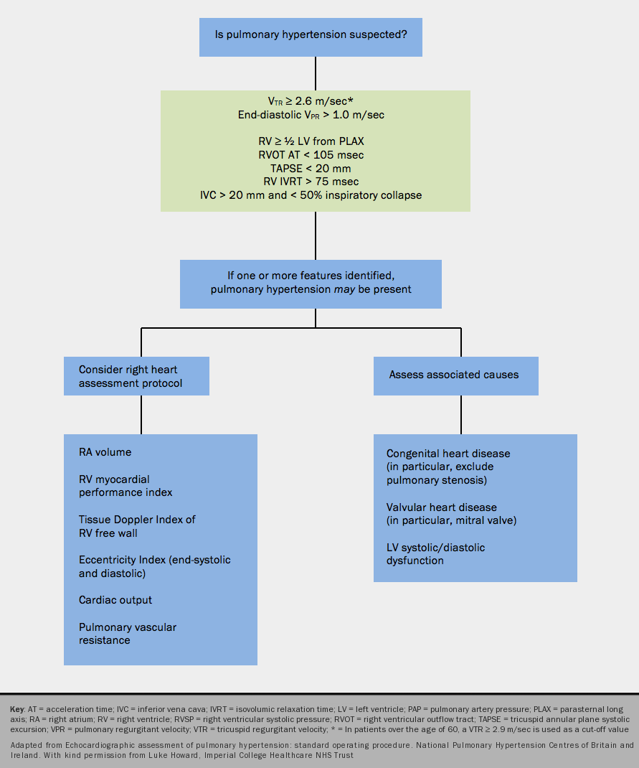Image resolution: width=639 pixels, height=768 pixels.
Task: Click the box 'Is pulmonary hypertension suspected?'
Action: point(311,34)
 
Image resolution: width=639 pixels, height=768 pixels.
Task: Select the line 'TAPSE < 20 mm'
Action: point(315,168)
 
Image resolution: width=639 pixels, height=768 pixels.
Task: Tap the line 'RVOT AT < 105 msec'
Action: point(315,155)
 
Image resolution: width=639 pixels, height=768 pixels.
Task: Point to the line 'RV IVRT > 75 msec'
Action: point(315,181)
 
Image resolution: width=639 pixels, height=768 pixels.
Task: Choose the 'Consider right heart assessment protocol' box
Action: point(136,376)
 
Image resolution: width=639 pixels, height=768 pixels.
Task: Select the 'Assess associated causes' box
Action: point(455,375)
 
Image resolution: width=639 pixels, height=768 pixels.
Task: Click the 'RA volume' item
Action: point(105,452)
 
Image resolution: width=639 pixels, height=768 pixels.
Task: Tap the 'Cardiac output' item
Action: point(115,600)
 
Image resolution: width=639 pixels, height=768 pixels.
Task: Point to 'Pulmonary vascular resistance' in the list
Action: point(127,633)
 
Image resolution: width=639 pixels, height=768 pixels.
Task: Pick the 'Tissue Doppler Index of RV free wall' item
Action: point(136,526)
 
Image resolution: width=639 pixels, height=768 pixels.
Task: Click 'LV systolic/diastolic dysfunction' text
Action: point(435,553)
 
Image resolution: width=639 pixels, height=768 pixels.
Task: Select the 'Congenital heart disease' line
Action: point(448,454)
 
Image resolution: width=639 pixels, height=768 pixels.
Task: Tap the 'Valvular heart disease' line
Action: point(441,507)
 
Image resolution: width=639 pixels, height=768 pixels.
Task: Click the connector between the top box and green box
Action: point(316,73)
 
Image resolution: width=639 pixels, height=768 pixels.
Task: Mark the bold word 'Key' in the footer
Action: point(17,709)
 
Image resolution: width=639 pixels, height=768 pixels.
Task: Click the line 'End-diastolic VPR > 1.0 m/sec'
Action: point(315,115)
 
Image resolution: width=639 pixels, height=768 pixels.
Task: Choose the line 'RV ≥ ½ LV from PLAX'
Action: point(315,142)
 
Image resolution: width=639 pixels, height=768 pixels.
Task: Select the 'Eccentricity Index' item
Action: point(154,560)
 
